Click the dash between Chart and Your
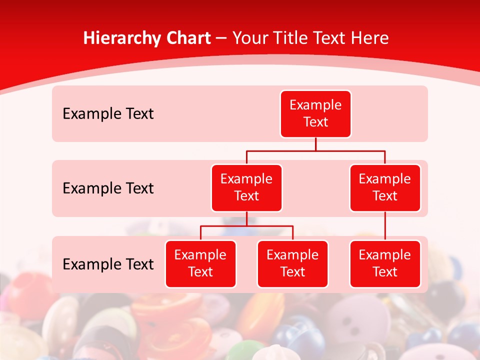coord(221,38)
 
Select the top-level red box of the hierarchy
coord(315,114)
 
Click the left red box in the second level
coord(246,188)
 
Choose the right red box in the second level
coord(385,188)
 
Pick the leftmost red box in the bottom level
coord(200,264)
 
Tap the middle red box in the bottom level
coord(292,264)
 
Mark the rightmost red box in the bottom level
coord(385,264)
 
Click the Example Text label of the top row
coord(108,114)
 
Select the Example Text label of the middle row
coord(108,188)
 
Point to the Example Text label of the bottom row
coord(108,264)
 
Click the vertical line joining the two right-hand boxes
coord(385,226)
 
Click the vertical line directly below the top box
coord(315,144)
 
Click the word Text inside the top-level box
coord(315,122)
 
